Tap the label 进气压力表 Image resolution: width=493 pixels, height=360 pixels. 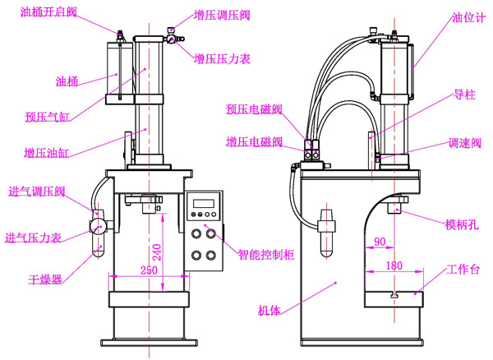[x=34, y=238]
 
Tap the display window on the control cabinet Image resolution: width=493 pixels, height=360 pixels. [x=202, y=202]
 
